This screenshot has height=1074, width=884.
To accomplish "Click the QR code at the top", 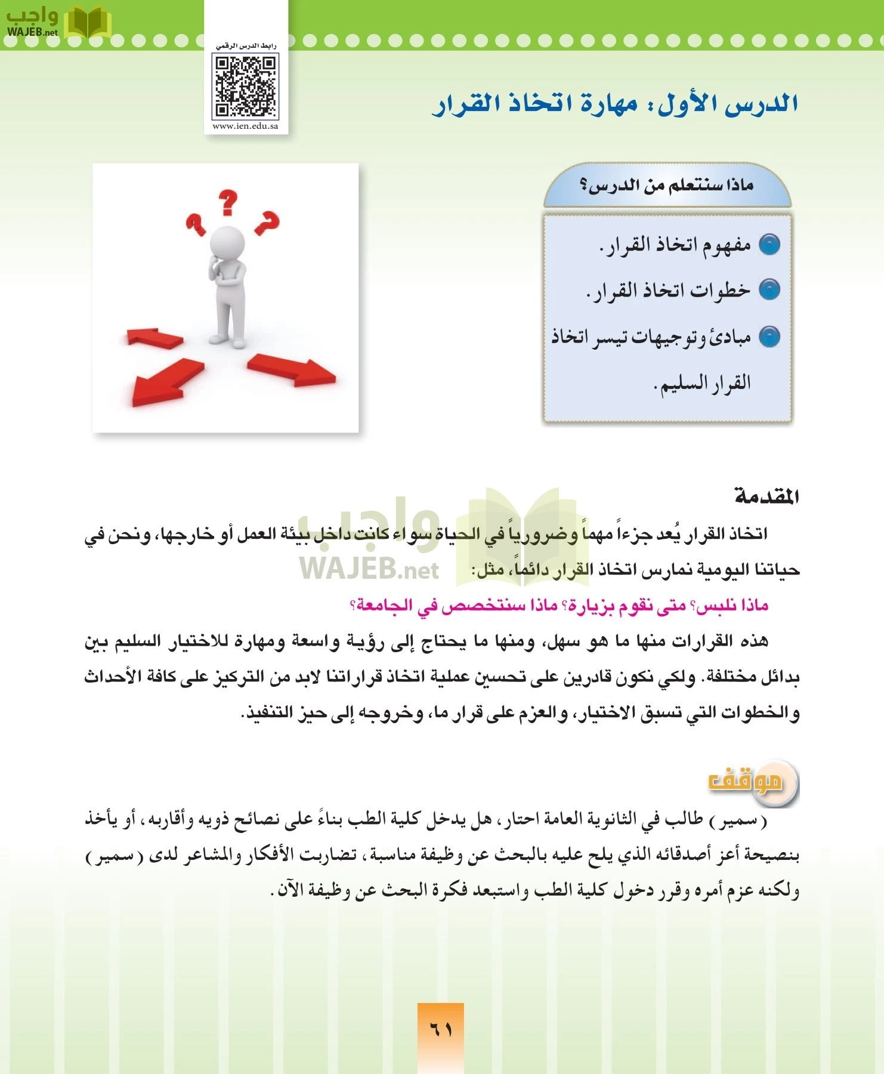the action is click(x=246, y=86).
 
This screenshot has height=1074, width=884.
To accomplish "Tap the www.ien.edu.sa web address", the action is click(x=245, y=126).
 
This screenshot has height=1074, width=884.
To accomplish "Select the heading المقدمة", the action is click(x=766, y=496).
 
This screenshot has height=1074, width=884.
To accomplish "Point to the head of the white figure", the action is click(x=227, y=242).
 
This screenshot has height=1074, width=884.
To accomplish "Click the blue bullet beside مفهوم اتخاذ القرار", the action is click(x=769, y=245).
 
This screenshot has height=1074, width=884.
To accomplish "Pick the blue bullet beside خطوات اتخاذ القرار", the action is click(x=769, y=290).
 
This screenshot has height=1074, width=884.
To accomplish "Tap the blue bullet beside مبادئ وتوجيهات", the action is click(x=769, y=337).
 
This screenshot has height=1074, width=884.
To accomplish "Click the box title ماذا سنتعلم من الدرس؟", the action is click(x=667, y=186).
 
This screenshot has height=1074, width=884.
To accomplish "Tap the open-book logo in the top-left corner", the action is click(x=87, y=23).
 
